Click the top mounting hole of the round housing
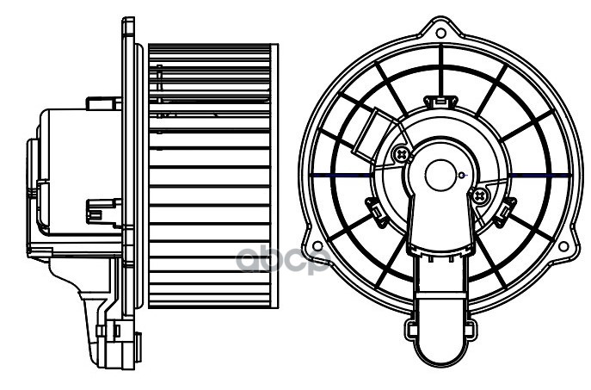[x=440, y=34]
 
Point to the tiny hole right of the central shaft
[x=462, y=177]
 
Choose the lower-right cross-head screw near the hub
[x=480, y=196]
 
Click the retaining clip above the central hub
[x=440, y=102]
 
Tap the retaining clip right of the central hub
[x=508, y=207]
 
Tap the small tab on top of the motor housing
[x=103, y=103]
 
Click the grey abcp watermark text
[x=283, y=258]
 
